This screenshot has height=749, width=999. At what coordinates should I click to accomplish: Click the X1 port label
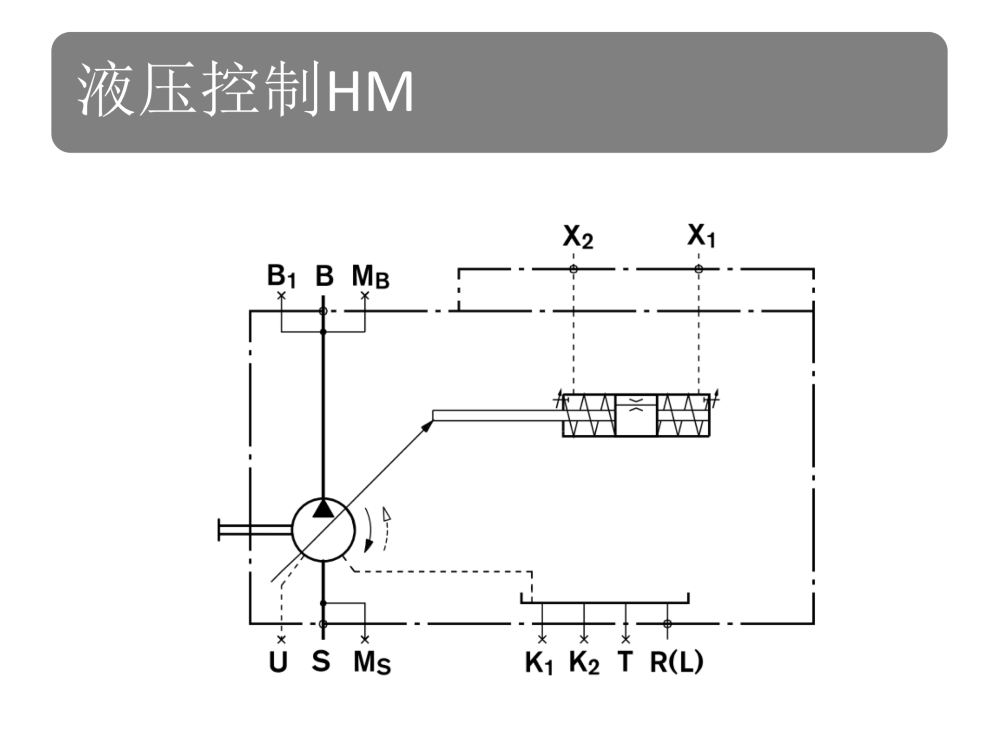[x=701, y=236]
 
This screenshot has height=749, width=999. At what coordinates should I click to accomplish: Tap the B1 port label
[x=281, y=276]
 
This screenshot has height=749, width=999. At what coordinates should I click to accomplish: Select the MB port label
[x=370, y=277]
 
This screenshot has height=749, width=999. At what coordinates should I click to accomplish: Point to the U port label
[x=278, y=662]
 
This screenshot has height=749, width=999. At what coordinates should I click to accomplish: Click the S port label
[x=321, y=661]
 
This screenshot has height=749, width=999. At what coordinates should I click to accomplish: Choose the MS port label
[x=372, y=663]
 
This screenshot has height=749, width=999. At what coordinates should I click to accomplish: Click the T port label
[x=625, y=662]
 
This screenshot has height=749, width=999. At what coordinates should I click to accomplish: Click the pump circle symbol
[x=323, y=530]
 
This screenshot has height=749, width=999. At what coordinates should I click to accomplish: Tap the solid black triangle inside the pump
[x=323, y=508]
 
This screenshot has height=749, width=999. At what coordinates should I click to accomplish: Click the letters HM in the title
[x=370, y=93]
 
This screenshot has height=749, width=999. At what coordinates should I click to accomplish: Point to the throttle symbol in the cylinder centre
[x=636, y=405]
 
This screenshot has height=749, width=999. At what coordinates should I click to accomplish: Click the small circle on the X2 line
[x=573, y=269]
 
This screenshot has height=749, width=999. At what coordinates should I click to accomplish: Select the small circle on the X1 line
[x=699, y=269]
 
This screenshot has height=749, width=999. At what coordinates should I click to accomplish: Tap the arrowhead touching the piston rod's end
[x=427, y=425]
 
